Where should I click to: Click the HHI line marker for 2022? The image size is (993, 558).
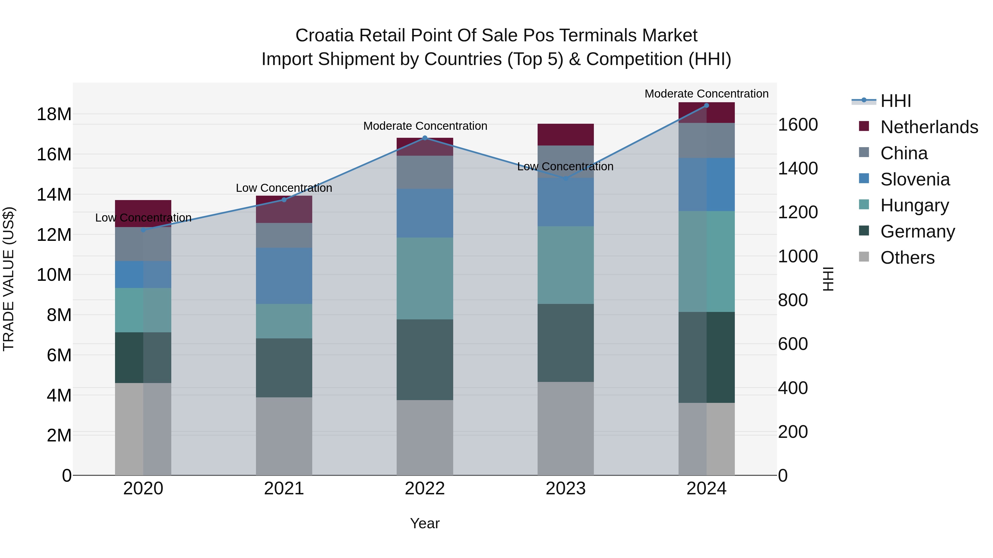(425, 138)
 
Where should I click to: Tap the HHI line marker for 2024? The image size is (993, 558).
(706, 106)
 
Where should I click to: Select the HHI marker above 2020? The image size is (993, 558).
(143, 230)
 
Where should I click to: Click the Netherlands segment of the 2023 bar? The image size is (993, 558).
(565, 134)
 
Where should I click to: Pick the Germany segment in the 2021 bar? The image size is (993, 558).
(284, 368)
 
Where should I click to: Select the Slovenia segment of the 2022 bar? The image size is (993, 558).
(425, 213)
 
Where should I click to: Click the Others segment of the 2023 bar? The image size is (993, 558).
(565, 428)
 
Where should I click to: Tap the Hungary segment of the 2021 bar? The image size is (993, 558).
(284, 321)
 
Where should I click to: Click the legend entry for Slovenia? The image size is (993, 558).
(915, 179)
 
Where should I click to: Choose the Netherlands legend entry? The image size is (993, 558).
(929, 127)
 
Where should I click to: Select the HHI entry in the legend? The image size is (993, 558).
(895, 101)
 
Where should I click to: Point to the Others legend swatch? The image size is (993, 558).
(864, 257)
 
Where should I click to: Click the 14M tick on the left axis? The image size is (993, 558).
(54, 195)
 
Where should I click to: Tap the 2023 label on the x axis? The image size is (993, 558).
(565, 489)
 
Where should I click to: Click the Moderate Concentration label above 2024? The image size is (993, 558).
(706, 94)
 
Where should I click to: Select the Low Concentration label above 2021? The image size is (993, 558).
(284, 188)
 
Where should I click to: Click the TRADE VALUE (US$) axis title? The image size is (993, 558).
(9, 279)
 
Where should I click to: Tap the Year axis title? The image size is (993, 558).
(425, 523)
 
